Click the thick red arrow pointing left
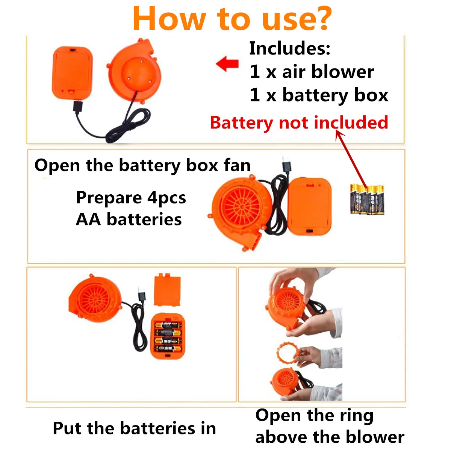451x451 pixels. coord(227,64)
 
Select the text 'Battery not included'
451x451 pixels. coord(299,123)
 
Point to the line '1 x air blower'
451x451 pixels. coord(312,72)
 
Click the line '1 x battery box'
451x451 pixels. coord(319,95)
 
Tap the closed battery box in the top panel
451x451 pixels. coord(72,73)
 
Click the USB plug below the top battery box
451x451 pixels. coord(78,107)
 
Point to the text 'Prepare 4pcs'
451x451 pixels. coord(131,198)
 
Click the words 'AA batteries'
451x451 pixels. coord(129,219)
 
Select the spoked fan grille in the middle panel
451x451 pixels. coord(241,207)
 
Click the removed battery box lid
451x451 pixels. coord(167,289)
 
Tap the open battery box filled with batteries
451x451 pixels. coord(168,336)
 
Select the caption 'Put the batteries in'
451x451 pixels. coord(134,428)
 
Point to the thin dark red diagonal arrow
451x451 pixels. coord(351,160)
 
